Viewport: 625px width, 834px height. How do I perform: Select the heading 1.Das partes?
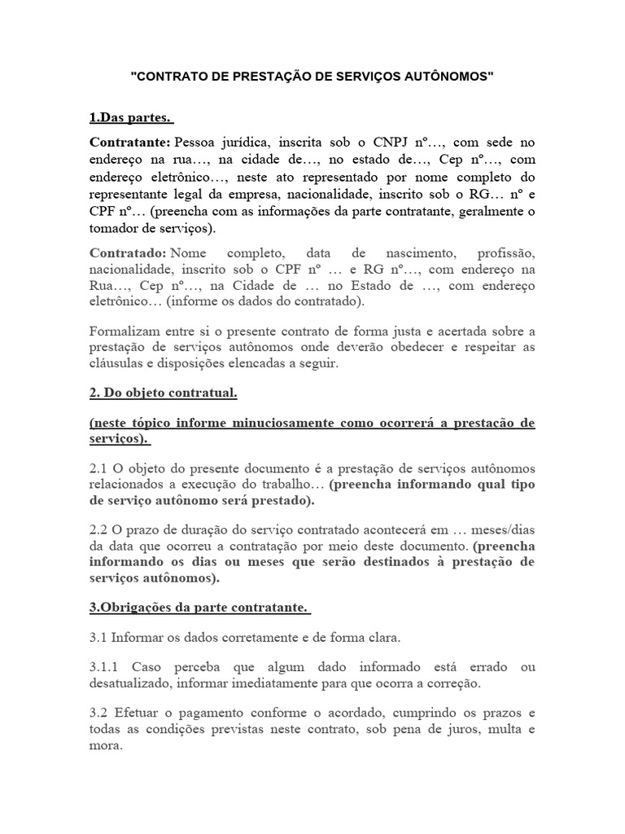(132, 118)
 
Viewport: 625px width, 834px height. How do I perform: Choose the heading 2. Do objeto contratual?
(163, 393)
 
